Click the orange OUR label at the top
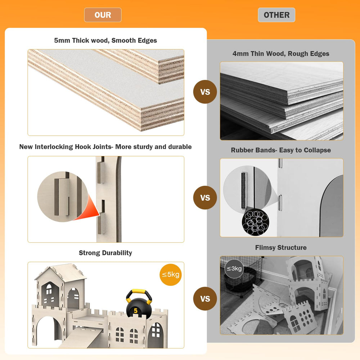pyautogui.click(x=103, y=15)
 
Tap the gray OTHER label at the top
pyautogui.click(x=276, y=15)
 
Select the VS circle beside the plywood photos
pyautogui.click(x=205, y=92)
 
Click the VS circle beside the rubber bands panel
pyautogui.click(x=205, y=198)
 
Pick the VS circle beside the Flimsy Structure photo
pyautogui.click(x=205, y=299)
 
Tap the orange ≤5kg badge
pyautogui.click(x=171, y=275)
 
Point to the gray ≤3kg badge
pyautogui.click(x=234, y=269)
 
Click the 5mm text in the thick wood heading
pyautogui.click(x=62, y=40)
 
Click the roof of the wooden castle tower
pyautogui.click(x=60, y=271)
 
